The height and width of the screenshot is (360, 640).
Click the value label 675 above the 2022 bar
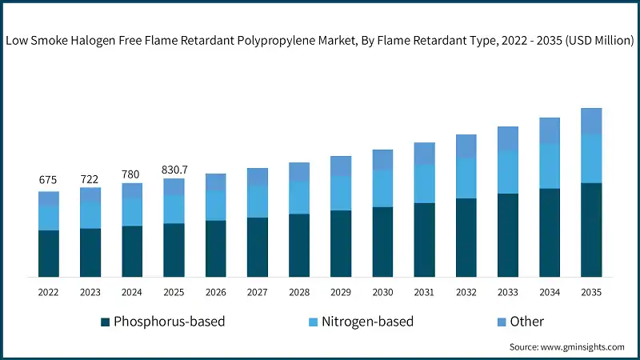pos(49,180)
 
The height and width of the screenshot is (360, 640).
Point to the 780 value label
pos(132,174)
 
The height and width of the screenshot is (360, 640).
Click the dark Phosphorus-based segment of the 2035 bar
pos(591,230)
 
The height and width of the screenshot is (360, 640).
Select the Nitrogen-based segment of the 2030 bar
pos(382,188)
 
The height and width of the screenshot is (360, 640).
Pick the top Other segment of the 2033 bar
pos(507,138)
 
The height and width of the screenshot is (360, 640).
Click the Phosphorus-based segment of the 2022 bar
pos(49,253)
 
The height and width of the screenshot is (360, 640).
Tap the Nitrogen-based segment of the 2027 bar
pos(258,201)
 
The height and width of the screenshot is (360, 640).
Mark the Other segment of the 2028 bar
pos(299,171)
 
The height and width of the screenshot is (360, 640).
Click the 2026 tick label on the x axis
pos(216,292)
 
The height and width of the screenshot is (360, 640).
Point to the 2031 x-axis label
pos(424,292)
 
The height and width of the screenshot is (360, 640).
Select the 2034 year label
pos(549,292)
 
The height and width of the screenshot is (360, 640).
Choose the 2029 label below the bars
pos(341,292)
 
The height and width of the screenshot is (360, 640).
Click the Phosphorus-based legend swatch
pos(105,322)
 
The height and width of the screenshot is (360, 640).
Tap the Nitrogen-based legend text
pos(367,322)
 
